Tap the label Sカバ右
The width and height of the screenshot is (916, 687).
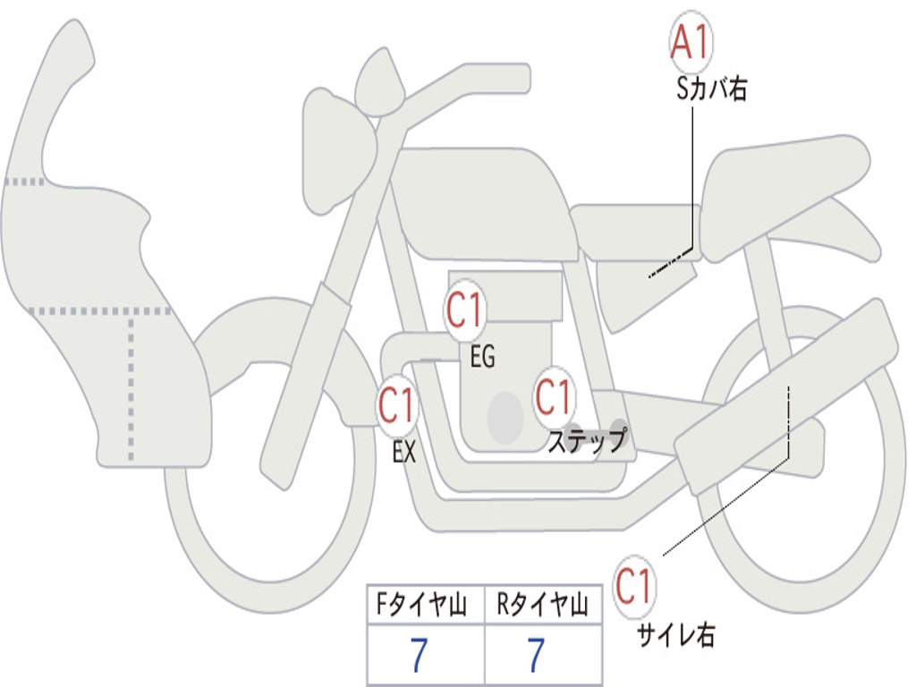click(x=712, y=89)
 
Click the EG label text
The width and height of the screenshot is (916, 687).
click(x=482, y=358)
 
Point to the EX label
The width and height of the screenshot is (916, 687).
click(x=404, y=453)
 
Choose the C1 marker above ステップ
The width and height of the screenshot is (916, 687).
click(x=554, y=396)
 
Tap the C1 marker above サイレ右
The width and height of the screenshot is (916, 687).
click(x=634, y=588)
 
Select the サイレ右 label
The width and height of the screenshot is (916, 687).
click(x=676, y=635)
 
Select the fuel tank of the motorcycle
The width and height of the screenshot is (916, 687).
click(x=483, y=201)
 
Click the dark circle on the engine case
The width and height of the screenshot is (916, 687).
click(x=505, y=417)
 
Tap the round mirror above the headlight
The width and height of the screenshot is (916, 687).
click(x=380, y=85)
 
